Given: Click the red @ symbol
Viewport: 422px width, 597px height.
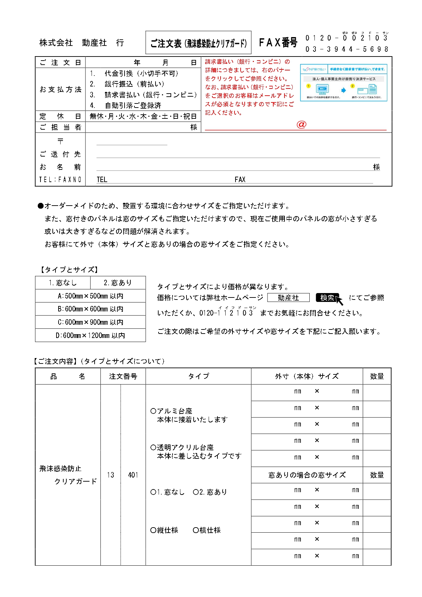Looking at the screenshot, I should (x=301, y=125).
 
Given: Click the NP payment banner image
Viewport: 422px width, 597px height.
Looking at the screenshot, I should (x=343, y=82).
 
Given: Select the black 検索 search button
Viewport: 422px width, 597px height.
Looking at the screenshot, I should (x=327, y=298).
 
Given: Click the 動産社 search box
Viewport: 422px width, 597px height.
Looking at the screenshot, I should (x=288, y=298).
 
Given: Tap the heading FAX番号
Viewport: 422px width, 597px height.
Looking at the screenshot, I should (x=278, y=43).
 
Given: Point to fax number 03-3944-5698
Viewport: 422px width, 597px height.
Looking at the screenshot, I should (x=346, y=49).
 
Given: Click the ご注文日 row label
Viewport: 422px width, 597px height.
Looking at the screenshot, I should (x=60, y=63).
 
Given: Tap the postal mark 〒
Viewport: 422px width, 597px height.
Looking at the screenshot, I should (x=60, y=141).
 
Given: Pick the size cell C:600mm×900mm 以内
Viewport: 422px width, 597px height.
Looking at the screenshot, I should (x=91, y=322).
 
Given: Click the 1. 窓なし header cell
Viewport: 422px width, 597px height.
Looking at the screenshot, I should (x=63, y=283).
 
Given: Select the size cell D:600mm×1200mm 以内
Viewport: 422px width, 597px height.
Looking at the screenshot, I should (x=91, y=336).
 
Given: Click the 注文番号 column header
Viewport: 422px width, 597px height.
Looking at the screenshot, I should (x=123, y=376).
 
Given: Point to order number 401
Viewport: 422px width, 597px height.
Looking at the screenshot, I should (x=133, y=475).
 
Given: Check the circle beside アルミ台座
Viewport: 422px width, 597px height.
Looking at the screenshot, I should (x=153, y=411).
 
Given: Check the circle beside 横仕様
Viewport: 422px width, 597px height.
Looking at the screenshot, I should (x=196, y=530).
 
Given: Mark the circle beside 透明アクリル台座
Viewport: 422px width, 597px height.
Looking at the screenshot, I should (x=153, y=448).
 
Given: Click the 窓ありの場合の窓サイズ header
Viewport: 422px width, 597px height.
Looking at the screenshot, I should (x=307, y=475).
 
